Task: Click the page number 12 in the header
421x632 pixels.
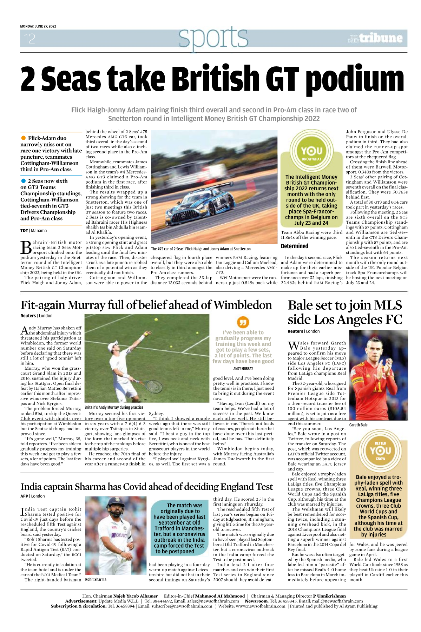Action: click(x=29, y=38)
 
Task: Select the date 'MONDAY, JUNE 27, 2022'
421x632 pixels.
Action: click(x=38, y=26)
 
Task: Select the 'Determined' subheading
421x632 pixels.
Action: click(x=294, y=246)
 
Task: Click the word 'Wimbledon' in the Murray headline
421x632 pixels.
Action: click(x=243, y=305)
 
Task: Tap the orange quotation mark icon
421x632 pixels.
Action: click(x=243, y=322)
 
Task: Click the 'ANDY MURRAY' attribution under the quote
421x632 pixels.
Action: click(x=243, y=368)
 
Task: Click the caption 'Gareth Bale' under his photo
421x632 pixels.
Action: click(x=358, y=425)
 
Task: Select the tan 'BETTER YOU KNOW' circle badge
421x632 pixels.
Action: click(x=380, y=450)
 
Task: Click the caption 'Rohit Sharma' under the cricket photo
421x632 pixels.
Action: click(x=96, y=579)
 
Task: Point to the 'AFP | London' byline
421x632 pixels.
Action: click(x=33, y=496)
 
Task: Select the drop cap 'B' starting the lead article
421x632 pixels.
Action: click(x=26, y=247)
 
